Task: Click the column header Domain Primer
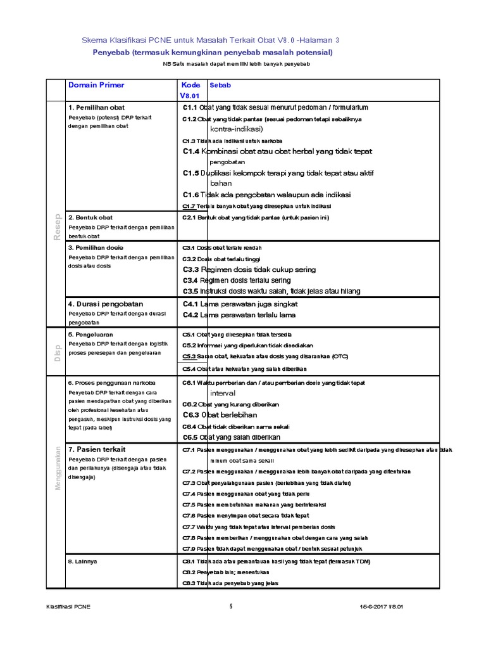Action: tap(96, 85)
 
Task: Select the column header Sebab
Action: tap(220, 85)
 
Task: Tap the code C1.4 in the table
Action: tap(191, 151)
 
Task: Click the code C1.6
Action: tap(191, 195)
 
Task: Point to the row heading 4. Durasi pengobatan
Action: tap(106, 304)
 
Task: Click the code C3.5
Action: tap(190, 291)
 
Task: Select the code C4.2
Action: tap(191, 315)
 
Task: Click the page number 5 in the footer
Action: tap(231, 607)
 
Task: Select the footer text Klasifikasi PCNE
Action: tap(69, 607)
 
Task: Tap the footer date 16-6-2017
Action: tap(373, 607)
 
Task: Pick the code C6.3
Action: tap(191, 414)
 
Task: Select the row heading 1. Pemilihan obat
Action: tap(96, 108)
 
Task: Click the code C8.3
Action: tap(189, 583)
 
